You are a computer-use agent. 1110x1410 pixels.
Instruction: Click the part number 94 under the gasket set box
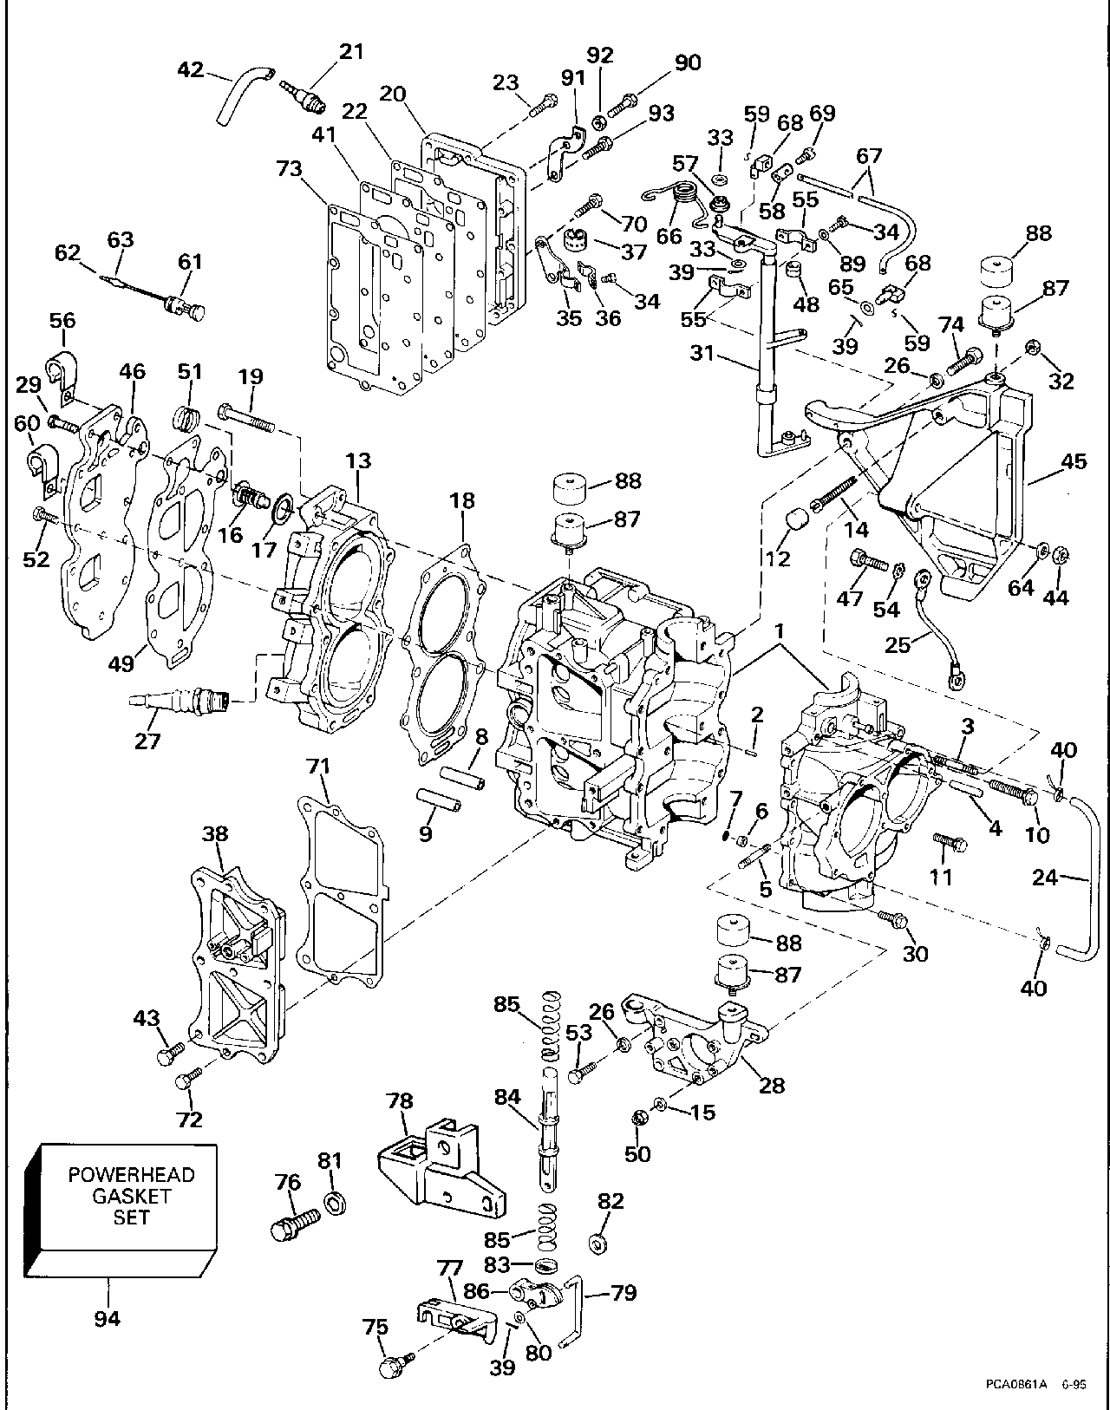(108, 1319)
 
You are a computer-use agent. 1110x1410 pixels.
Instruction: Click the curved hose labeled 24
(1079, 876)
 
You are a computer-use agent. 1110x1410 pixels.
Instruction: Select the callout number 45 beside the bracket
(1074, 462)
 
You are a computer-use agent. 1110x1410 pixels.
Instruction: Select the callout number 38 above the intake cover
(215, 834)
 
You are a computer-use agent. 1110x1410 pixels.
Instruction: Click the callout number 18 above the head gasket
(462, 500)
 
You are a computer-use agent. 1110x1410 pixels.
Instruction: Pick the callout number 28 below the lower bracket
(772, 1084)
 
